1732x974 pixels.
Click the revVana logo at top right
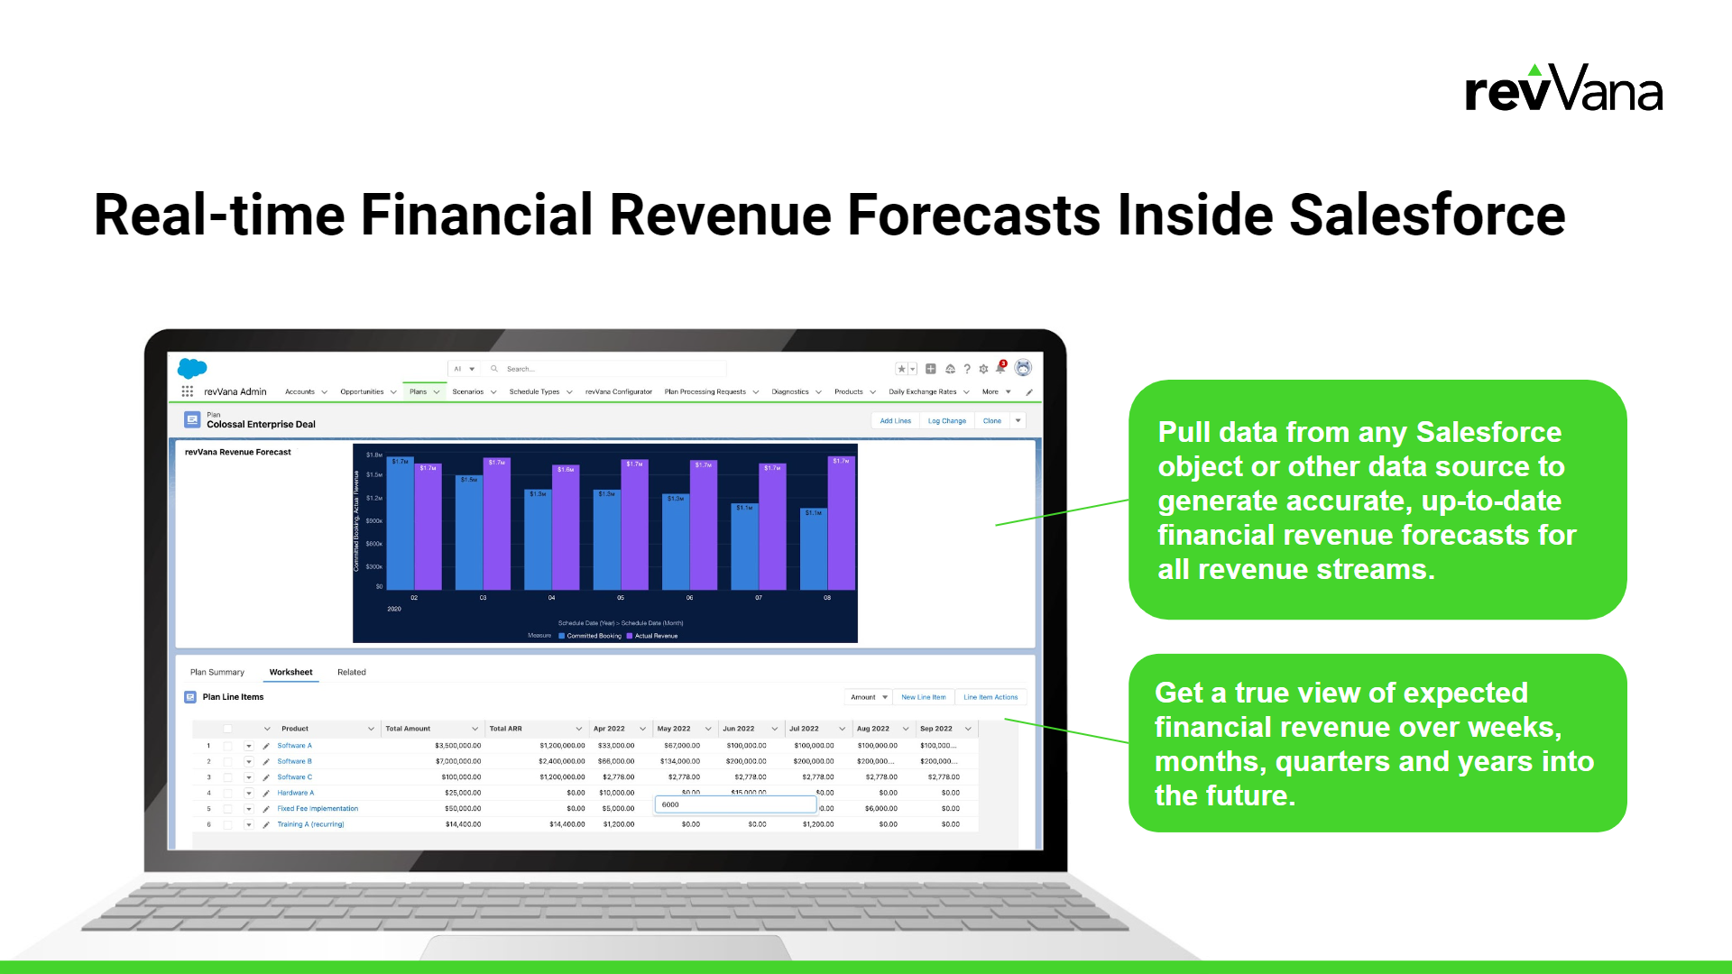[1563, 89]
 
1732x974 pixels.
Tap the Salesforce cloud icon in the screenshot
[192, 368]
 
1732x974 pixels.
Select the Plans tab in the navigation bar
[419, 392]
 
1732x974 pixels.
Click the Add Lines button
[895, 421]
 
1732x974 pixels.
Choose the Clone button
[991, 421]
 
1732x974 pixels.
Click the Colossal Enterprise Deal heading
[261, 425]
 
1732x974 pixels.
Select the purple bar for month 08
[841, 523]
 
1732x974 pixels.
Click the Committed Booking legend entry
[593, 636]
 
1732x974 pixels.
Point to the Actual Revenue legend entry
[655, 636]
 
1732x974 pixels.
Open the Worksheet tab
[290, 673]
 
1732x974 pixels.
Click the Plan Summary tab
[216, 673]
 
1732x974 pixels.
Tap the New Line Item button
[923, 697]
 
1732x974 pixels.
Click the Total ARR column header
[505, 729]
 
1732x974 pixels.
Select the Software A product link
[294, 746]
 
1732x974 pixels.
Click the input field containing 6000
[734, 804]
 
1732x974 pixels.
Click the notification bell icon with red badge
[1000, 368]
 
